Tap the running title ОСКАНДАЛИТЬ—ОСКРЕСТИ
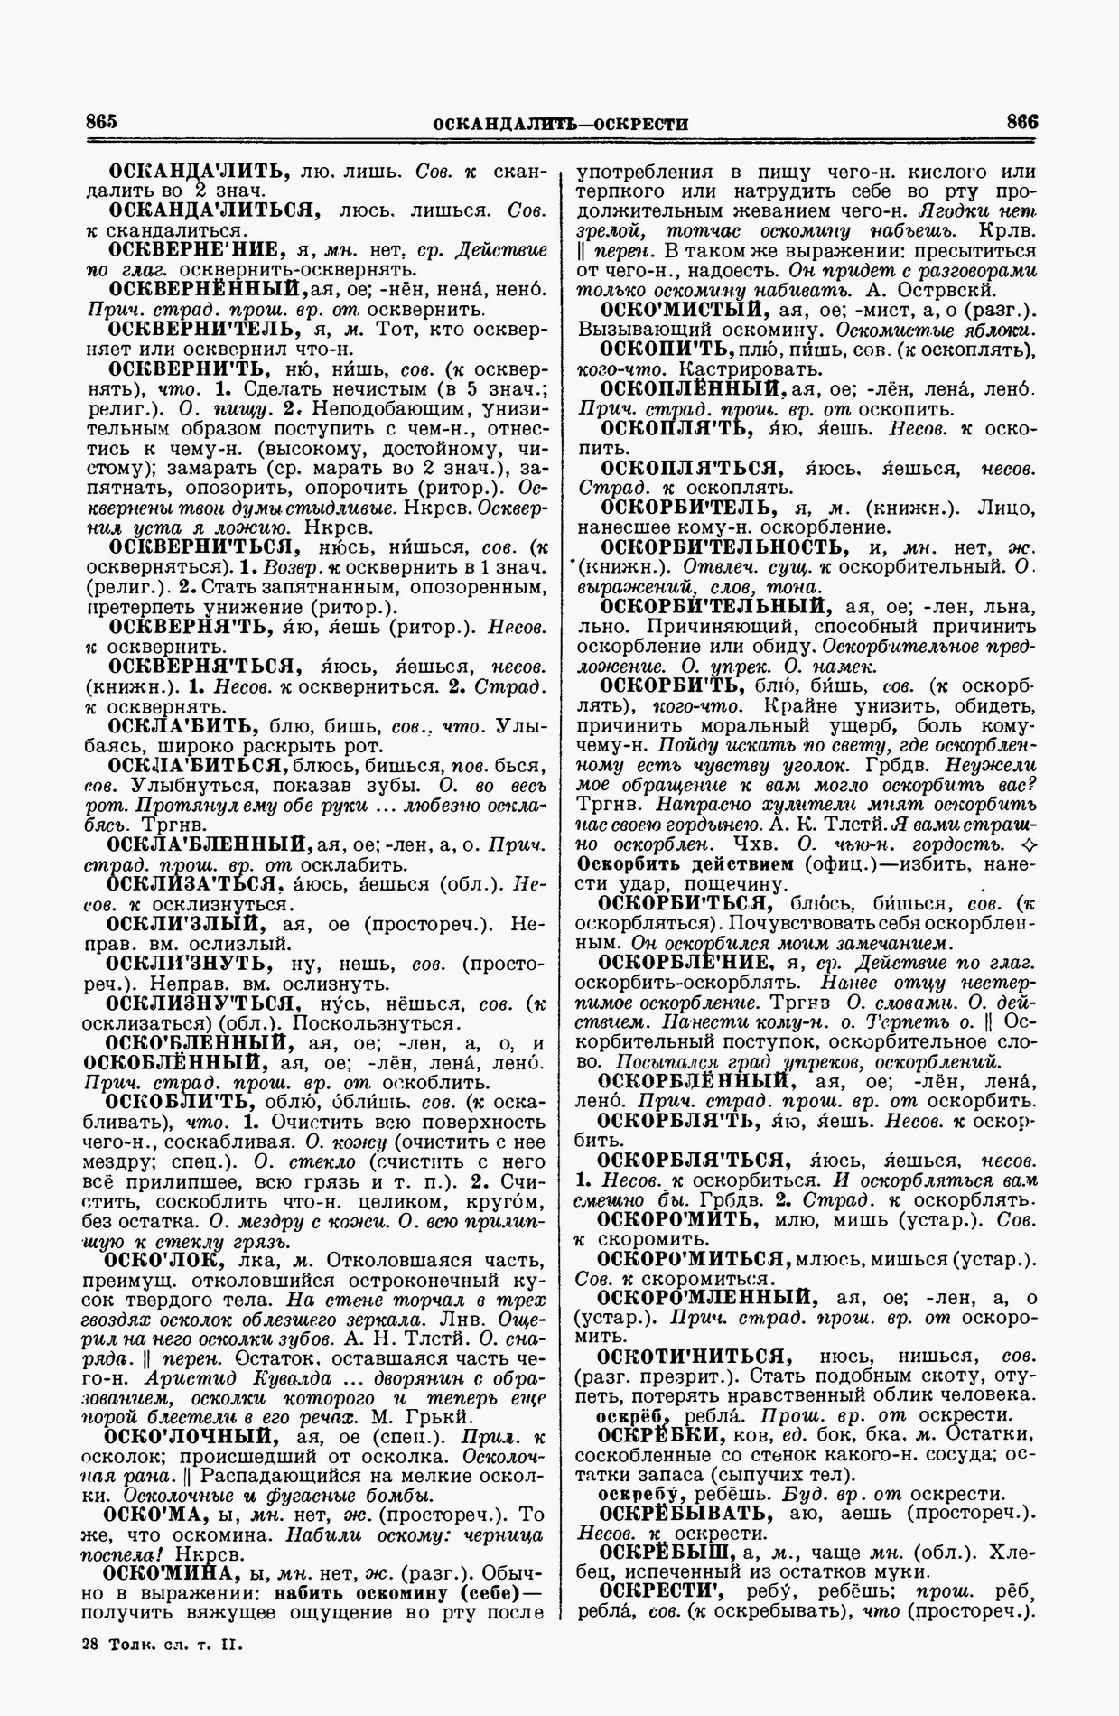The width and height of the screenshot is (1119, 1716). pos(561,124)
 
